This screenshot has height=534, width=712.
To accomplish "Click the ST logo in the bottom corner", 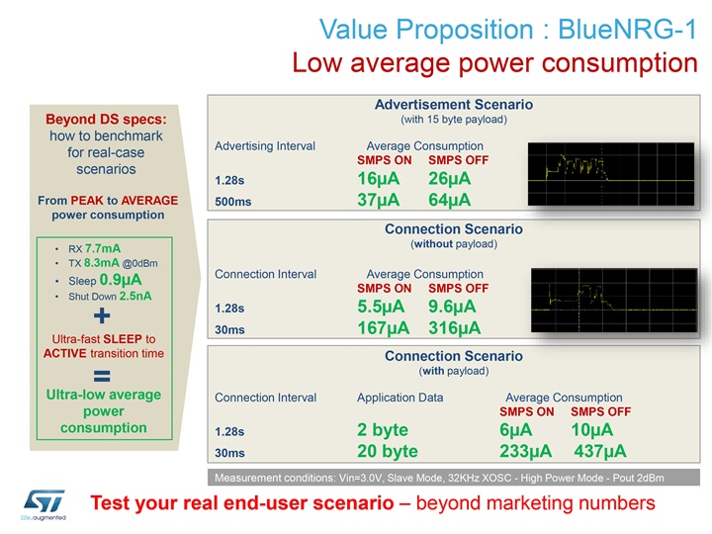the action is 44,504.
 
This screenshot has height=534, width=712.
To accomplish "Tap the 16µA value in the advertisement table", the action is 378,178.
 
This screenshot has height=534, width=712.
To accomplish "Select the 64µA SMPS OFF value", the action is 450,200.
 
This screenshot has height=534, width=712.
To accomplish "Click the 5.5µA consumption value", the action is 381,307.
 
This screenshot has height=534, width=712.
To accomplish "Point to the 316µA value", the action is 454,328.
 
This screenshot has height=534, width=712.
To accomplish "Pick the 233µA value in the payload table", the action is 525,451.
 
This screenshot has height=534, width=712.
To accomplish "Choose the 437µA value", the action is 600,451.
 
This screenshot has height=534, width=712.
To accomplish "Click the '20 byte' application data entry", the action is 388,451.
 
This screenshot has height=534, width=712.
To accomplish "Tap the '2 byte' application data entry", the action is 383,429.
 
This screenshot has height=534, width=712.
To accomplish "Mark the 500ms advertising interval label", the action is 233,202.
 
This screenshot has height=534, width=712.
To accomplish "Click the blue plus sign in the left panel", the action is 102,315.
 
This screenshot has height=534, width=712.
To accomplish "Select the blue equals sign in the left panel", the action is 102,376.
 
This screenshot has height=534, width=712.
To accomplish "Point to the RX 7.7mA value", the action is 103,248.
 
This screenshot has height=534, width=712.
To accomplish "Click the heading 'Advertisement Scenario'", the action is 454,105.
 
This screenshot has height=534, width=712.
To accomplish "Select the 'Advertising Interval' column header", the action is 265,145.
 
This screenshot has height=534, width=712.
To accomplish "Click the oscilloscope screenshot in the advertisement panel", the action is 611,174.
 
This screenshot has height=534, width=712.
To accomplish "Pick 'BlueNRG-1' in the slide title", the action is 627,29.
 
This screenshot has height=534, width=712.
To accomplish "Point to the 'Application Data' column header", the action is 400,398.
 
